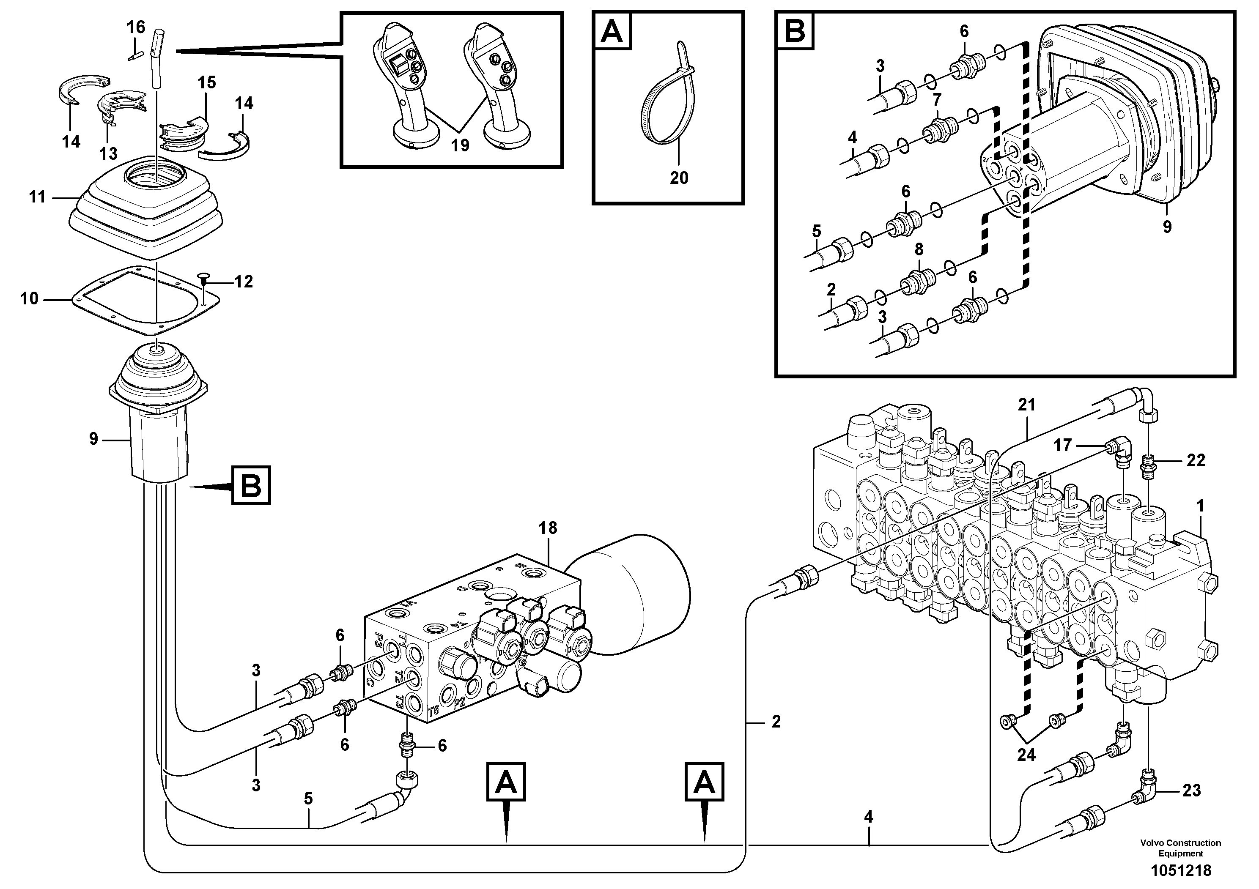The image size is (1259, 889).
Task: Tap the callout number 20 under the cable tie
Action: click(678, 178)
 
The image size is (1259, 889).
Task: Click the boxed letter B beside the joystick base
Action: click(251, 484)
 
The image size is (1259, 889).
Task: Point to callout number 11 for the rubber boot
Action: click(37, 197)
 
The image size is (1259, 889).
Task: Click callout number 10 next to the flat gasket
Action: click(30, 299)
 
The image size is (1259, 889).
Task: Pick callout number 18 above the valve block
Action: click(548, 528)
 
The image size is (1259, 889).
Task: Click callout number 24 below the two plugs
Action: click(1026, 755)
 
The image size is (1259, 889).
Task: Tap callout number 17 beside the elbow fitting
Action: click(1063, 445)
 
